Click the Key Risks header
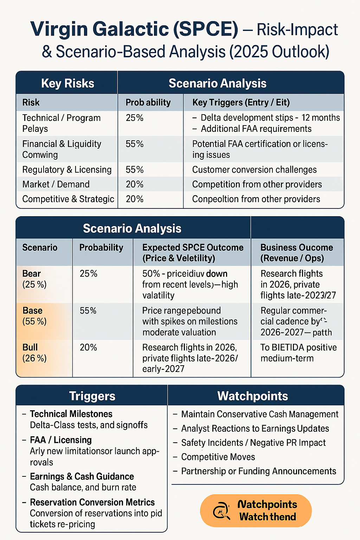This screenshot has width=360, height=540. [x=67, y=83]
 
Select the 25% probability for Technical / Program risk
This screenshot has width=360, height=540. [x=135, y=118]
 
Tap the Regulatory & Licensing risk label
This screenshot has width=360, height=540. [x=67, y=169]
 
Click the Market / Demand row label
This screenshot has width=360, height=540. [x=56, y=184]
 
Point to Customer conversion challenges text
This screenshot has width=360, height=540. [x=254, y=169]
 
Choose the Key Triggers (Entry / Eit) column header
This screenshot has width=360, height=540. [x=241, y=102]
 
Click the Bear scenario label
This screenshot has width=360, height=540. [x=32, y=274]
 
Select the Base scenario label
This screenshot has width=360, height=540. [x=32, y=310]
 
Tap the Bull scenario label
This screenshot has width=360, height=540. [x=30, y=347]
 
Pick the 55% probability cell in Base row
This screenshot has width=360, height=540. [x=88, y=310]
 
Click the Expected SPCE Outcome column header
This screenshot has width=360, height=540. [x=193, y=252]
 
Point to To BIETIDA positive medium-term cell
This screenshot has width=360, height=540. [x=298, y=353]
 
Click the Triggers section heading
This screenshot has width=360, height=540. [x=92, y=396]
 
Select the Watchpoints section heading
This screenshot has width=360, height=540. [x=252, y=396]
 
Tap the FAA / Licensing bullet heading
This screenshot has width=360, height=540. [x=60, y=440]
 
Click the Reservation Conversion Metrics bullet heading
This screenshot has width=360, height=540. [x=92, y=502]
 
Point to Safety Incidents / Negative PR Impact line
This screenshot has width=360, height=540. [x=253, y=443]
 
